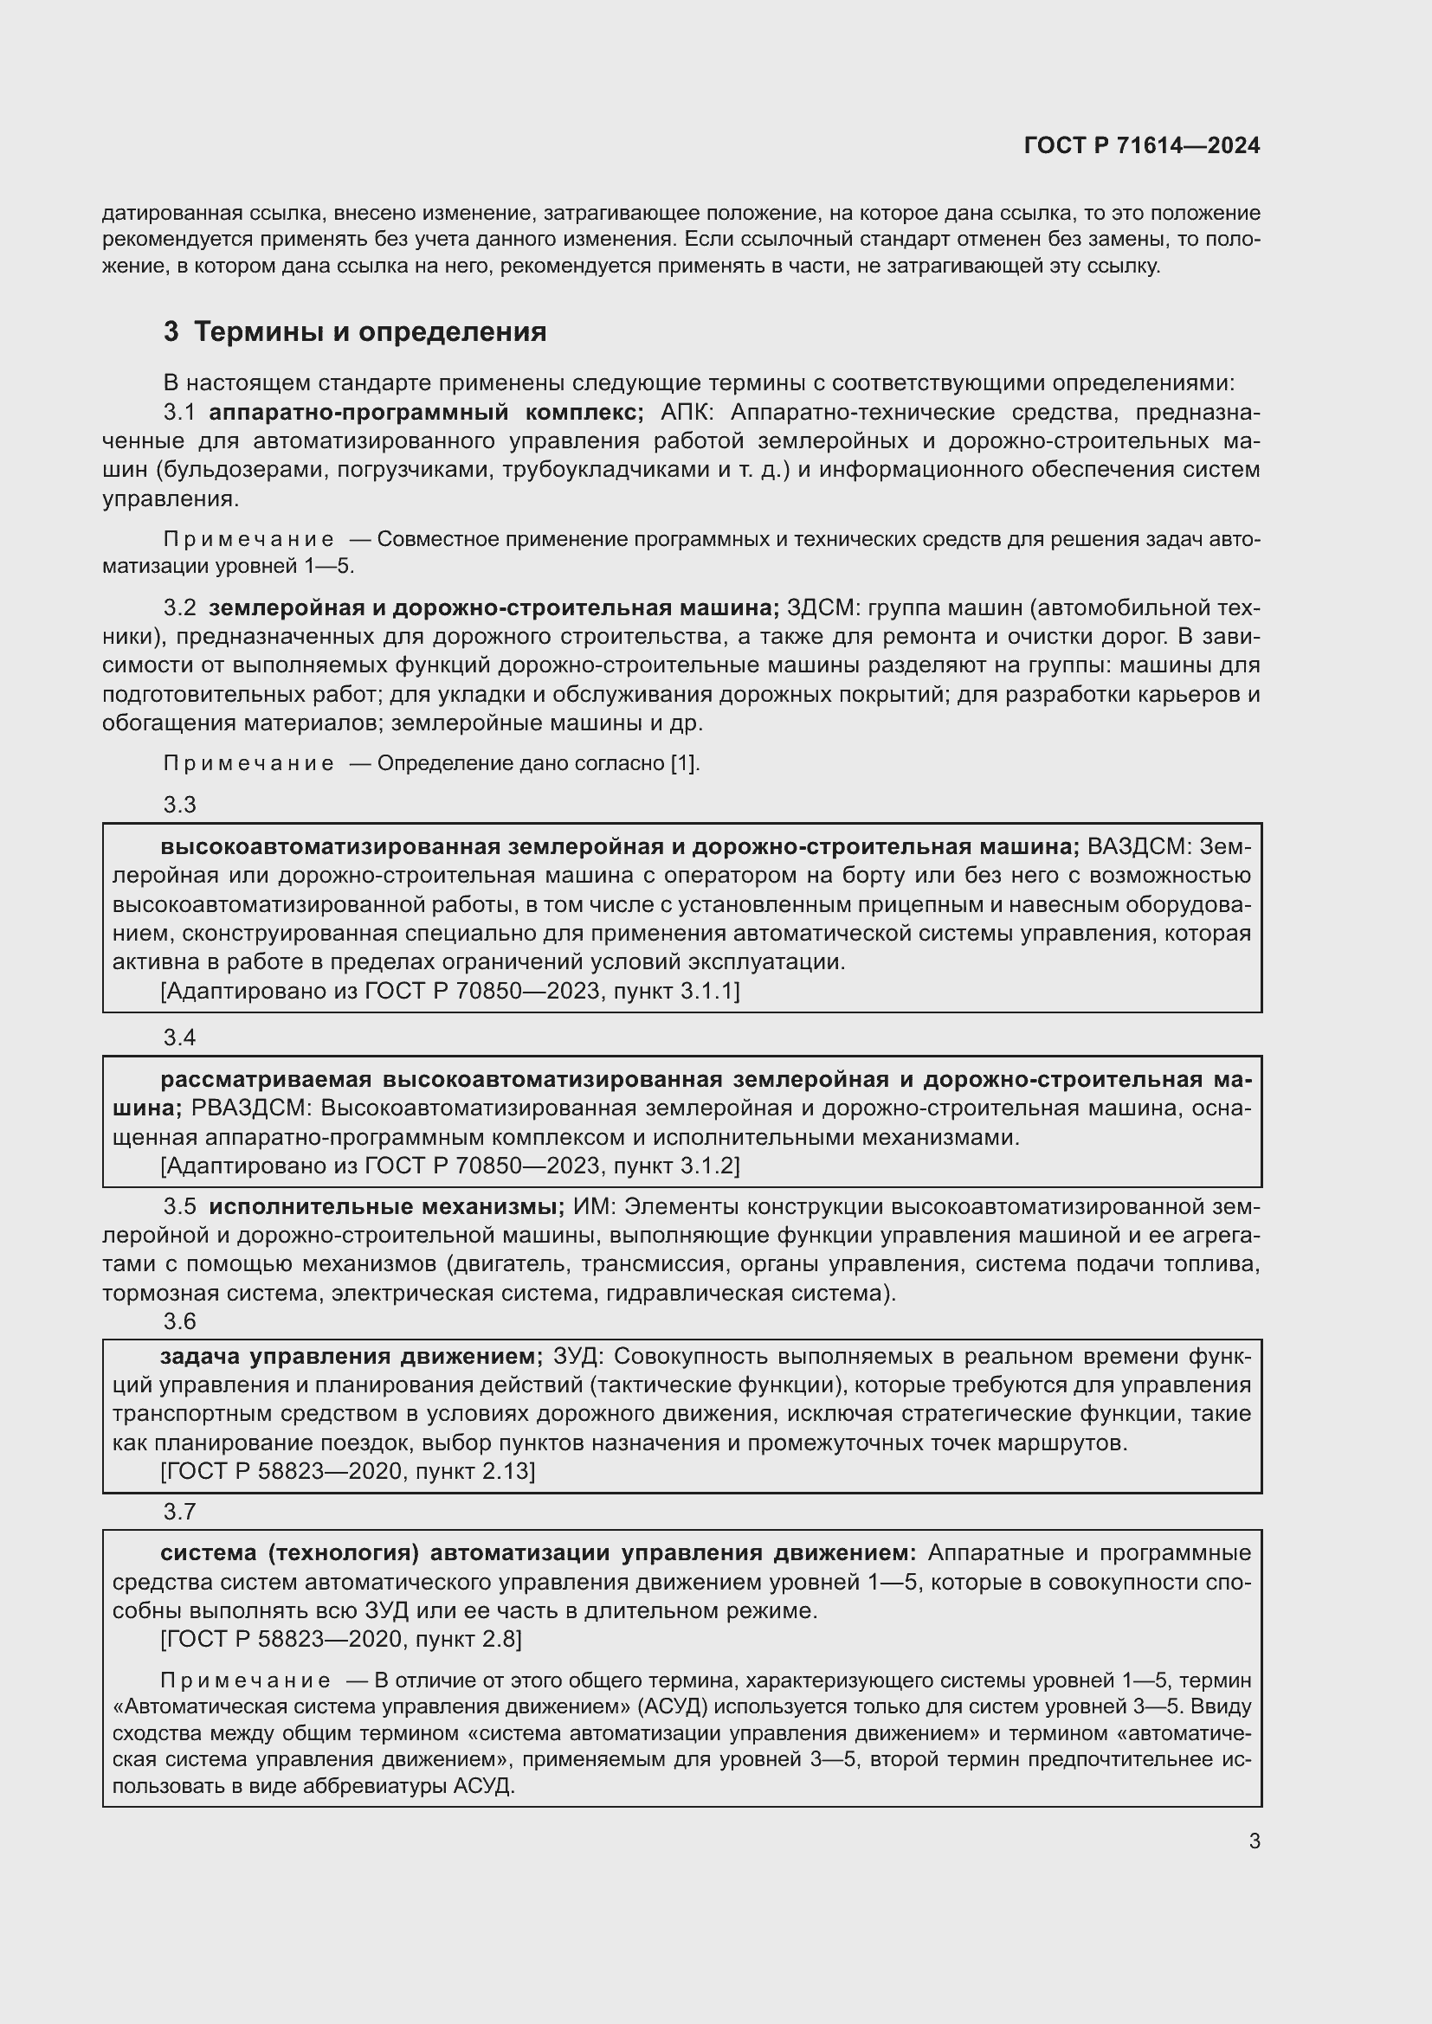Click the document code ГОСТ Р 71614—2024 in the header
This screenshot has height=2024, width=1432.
[x=1141, y=145]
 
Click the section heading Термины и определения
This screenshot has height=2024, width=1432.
[x=370, y=331]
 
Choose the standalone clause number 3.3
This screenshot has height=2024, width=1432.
[x=180, y=804]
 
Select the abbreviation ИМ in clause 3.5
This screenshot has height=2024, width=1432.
[x=590, y=1206]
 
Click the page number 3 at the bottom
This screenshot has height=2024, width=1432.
[x=1254, y=1841]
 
